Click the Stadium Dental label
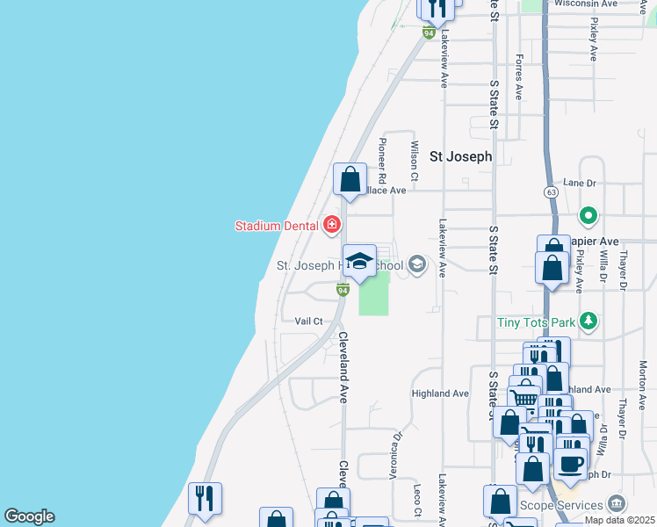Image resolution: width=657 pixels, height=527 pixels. pyautogui.click(x=275, y=226)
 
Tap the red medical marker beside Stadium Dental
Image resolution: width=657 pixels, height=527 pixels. pyautogui.click(x=331, y=225)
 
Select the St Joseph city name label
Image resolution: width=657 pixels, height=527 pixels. pyautogui.click(x=460, y=156)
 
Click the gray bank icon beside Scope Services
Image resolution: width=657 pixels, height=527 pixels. pyautogui.click(x=617, y=504)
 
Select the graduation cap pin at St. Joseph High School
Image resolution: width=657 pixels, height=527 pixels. pyautogui.click(x=358, y=261)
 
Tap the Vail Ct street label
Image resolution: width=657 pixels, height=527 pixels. pyautogui.click(x=309, y=321)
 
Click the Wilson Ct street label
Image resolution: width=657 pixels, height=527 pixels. pyautogui.click(x=414, y=156)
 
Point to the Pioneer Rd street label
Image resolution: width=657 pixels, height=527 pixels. pyautogui.click(x=382, y=158)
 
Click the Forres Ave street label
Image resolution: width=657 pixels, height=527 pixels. pyautogui.click(x=520, y=77)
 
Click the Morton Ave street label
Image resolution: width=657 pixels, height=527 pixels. pyautogui.click(x=643, y=377)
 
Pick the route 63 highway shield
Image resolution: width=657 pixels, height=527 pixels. pyautogui.click(x=551, y=191)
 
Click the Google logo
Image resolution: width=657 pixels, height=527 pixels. pyautogui.click(x=29, y=516)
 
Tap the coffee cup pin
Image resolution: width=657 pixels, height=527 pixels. pyautogui.click(x=570, y=463)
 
